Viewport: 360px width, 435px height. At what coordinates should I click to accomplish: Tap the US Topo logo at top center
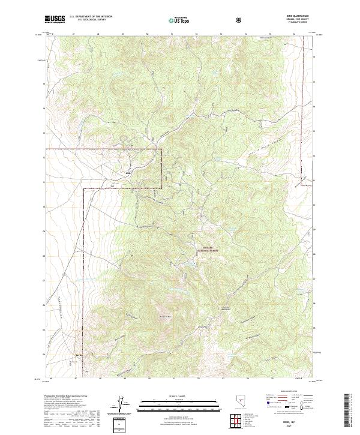[179, 20]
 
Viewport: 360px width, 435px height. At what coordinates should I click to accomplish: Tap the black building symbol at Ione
[113, 186]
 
